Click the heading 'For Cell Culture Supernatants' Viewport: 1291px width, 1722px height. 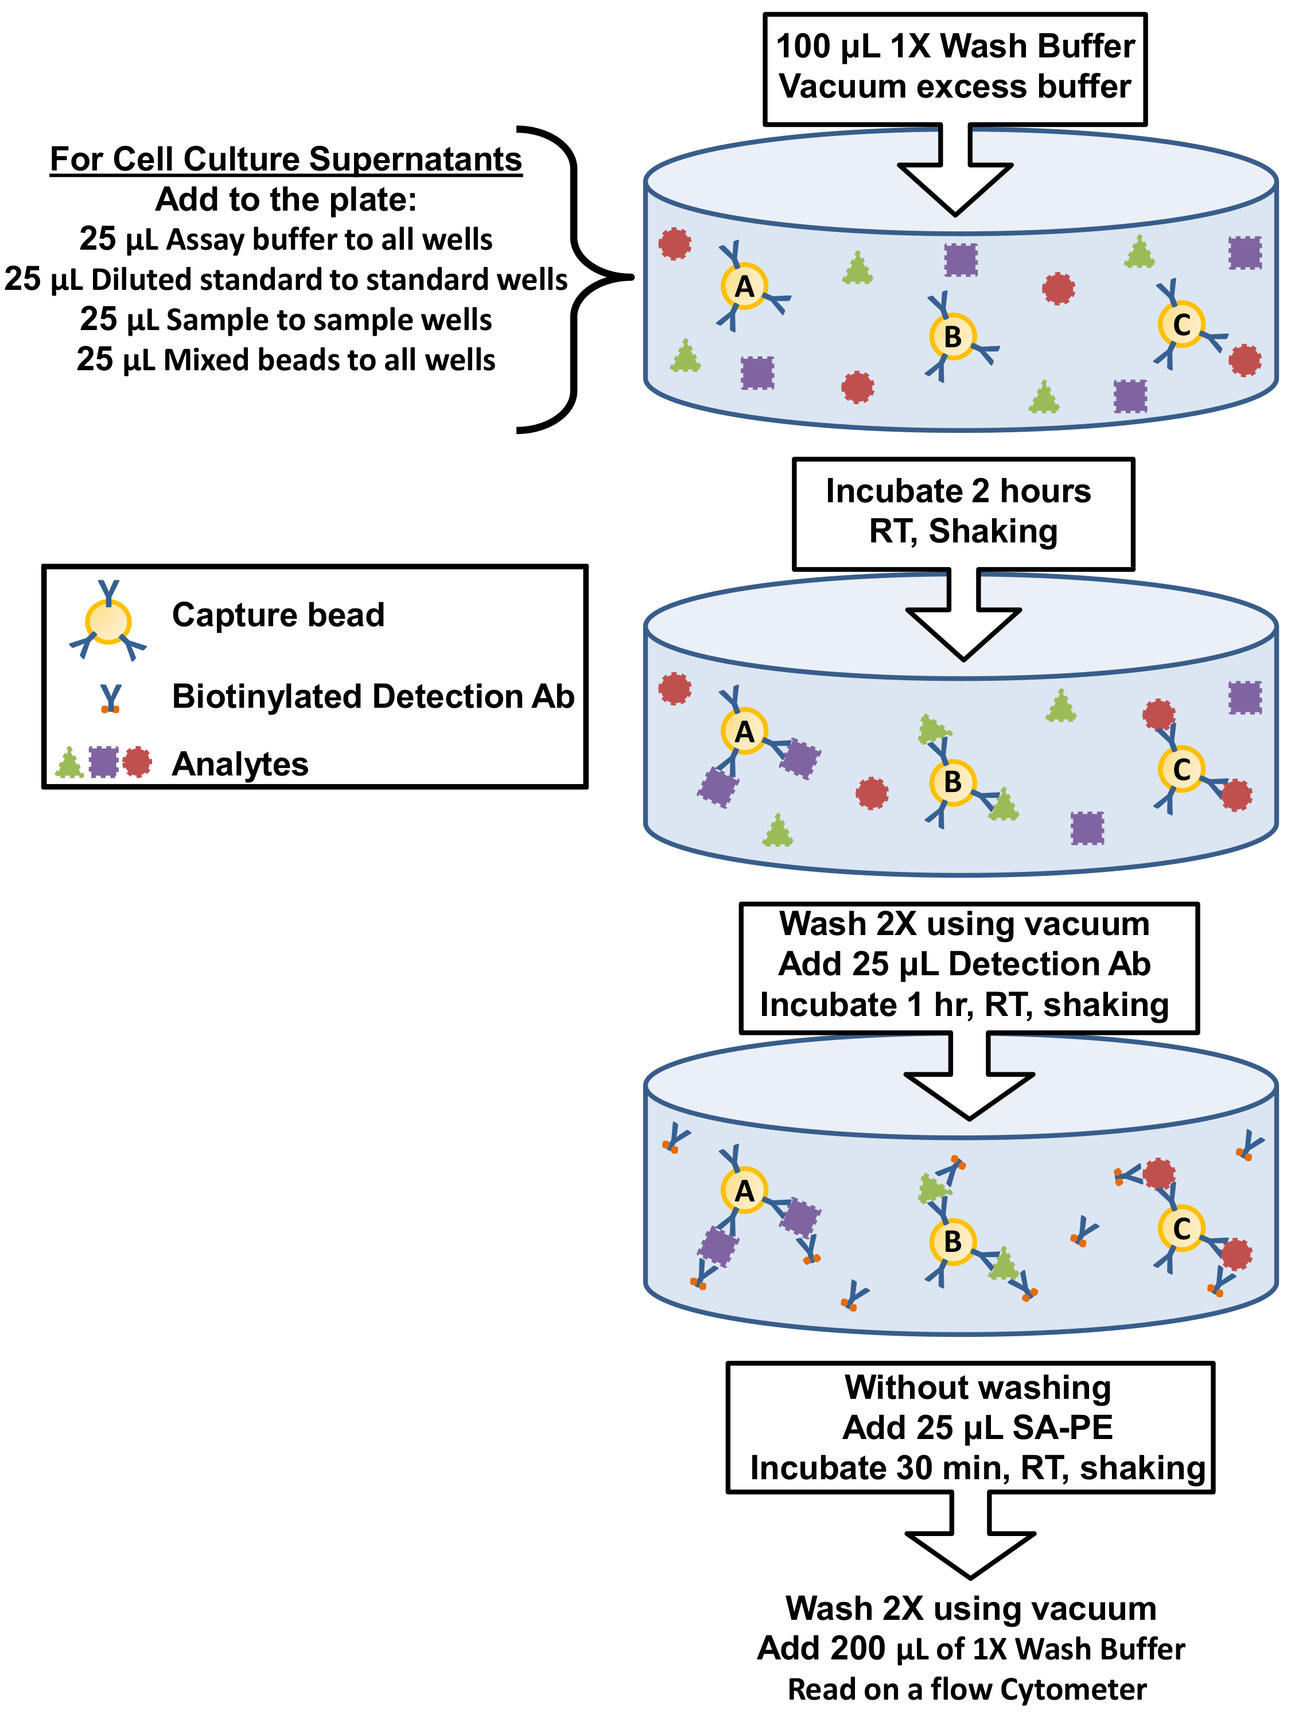point(286,159)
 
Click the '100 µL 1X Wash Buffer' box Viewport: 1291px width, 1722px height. point(955,68)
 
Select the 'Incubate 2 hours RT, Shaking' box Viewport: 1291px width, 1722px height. point(963,512)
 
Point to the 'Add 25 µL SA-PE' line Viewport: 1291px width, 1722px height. point(977,1427)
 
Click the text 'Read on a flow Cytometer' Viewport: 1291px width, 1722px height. point(967,1689)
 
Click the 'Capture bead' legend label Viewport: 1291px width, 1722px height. point(278,614)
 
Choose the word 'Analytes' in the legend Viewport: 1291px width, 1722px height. point(240,763)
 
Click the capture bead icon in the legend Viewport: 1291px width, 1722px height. point(108,621)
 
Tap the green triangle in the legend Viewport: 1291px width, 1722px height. point(69,763)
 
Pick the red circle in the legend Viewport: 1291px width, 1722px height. point(138,762)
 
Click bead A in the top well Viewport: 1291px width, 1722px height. point(744,286)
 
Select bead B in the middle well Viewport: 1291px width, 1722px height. point(952,782)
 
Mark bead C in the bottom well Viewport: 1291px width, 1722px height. point(1181,1228)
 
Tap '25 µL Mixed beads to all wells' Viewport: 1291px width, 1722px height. point(286,360)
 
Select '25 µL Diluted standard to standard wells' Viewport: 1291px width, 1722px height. point(286,279)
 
